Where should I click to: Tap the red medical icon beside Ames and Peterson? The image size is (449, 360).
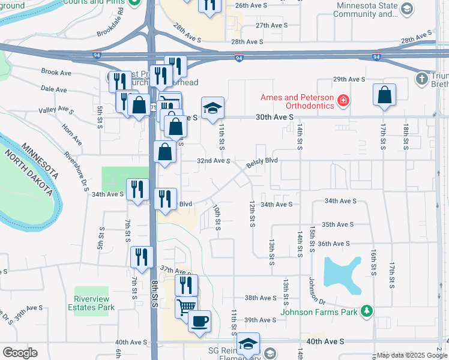pos(343,99)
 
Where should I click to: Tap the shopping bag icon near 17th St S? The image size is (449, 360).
pos(384,95)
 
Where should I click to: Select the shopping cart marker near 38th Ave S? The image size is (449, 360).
pos(186,307)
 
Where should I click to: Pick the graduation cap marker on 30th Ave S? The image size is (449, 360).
pos(212,108)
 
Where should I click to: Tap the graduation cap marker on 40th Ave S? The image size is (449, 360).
pos(247,343)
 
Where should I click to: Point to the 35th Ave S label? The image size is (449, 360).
pos(337,224)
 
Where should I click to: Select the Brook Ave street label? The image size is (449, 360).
pos(56,72)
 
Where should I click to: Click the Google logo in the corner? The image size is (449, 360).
pos(20,353)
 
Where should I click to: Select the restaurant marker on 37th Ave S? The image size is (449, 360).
pos(142,257)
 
